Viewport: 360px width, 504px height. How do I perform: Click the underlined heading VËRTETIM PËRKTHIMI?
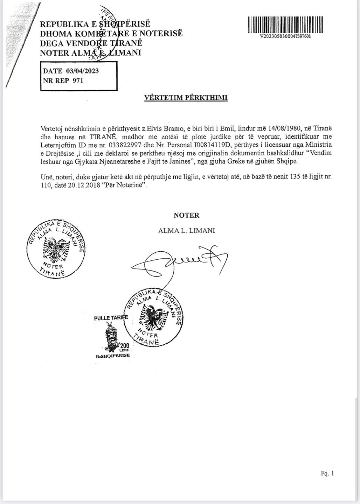pyautogui.click(x=186, y=98)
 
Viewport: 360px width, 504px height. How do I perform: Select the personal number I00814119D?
pyautogui.click(x=209, y=145)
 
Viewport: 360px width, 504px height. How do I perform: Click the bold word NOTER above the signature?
pyautogui.click(x=186, y=216)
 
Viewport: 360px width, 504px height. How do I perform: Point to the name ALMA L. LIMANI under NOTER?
pyautogui.click(x=186, y=231)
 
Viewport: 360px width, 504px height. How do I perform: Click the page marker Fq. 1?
pyautogui.click(x=327, y=474)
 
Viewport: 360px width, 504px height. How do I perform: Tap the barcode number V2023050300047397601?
pyautogui.click(x=285, y=36)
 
